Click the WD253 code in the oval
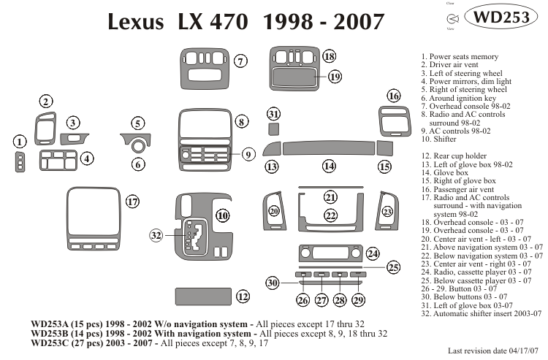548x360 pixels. pos(507,18)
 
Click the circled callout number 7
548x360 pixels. pos(240,62)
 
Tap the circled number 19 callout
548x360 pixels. pos(335,77)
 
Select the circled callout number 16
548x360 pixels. pos(394,96)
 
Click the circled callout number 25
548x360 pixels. pos(393,268)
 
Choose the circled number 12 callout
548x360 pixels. pos(243,296)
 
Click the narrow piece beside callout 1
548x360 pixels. pos(20,162)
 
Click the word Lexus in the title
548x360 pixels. pos(136,22)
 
